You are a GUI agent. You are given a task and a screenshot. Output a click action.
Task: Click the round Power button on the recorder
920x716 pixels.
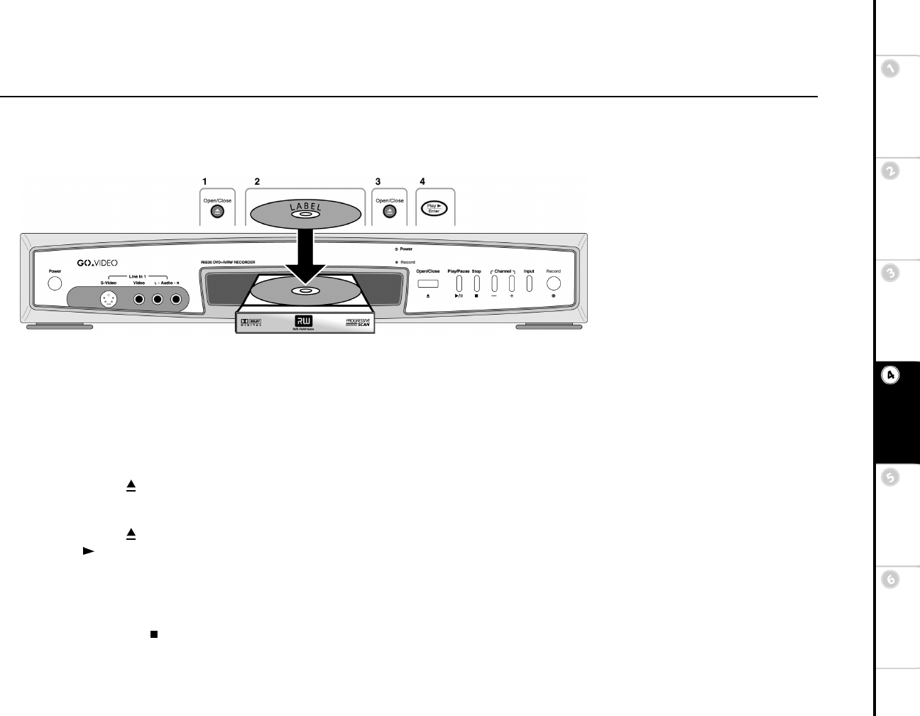(x=55, y=283)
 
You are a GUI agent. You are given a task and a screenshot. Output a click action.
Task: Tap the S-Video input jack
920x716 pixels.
(x=109, y=299)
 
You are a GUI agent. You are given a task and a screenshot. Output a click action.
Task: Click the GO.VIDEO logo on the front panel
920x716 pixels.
(x=97, y=264)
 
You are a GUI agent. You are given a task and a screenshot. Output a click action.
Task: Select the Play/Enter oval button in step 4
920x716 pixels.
(x=434, y=209)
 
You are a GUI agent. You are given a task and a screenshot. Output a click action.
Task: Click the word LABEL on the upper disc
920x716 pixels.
(x=305, y=208)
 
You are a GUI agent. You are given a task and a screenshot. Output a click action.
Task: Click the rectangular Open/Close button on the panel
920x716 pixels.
(x=428, y=284)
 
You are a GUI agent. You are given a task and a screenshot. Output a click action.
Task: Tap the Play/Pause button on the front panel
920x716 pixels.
(x=459, y=283)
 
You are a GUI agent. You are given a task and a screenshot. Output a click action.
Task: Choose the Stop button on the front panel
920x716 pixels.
(x=476, y=283)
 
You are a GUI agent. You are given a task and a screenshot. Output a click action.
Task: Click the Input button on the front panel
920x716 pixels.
(x=529, y=283)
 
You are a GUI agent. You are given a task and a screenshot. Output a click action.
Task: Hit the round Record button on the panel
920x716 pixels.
(x=554, y=283)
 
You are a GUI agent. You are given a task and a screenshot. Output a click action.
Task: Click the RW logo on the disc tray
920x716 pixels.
(x=304, y=320)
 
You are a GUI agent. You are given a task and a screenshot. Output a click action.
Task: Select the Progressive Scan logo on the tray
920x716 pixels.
(x=358, y=322)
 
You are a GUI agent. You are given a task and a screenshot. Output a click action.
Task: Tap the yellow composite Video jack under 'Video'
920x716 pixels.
(x=139, y=299)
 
